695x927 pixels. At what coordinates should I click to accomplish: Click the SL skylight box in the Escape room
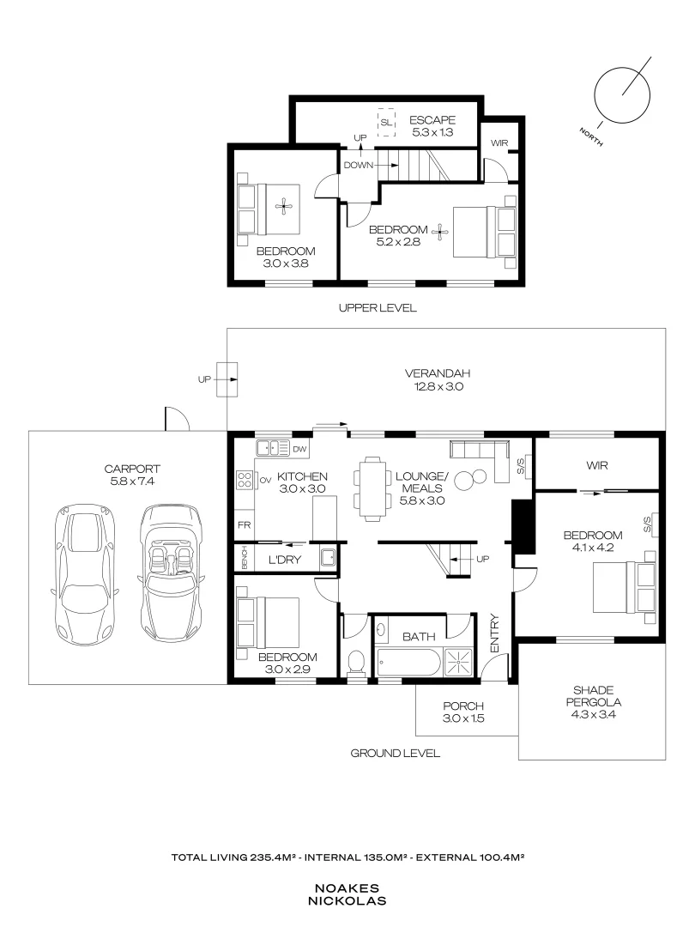click(x=386, y=123)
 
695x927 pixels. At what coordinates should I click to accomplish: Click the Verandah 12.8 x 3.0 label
click(x=438, y=380)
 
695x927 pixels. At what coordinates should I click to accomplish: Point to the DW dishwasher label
click(x=299, y=449)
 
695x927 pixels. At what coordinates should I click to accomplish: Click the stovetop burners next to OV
click(x=245, y=480)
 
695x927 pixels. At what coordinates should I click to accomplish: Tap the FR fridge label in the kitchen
click(x=244, y=525)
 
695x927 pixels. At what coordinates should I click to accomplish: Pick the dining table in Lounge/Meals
click(x=373, y=488)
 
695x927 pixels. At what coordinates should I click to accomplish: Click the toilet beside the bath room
click(x=356, y=663)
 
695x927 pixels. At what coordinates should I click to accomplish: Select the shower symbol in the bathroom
click(x=458, y=661)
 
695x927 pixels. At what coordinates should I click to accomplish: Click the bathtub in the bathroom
click(x=408, y=662)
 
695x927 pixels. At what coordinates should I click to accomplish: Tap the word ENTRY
click(x=495, y=633)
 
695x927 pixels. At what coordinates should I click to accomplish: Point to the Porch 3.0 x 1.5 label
click(x=463, y=712)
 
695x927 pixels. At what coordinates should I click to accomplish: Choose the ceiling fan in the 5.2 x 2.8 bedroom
click(x=440, y=232)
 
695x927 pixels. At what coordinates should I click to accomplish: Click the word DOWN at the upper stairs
click(x=359, y=165)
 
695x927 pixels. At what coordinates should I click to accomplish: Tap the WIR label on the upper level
click(x=499, y=143)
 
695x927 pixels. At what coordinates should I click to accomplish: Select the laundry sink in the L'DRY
click(x=329, y=558)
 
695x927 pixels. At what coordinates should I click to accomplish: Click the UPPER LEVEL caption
click(x=378, y=307)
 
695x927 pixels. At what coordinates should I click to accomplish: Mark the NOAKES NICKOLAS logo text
click(x=347, y=894)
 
